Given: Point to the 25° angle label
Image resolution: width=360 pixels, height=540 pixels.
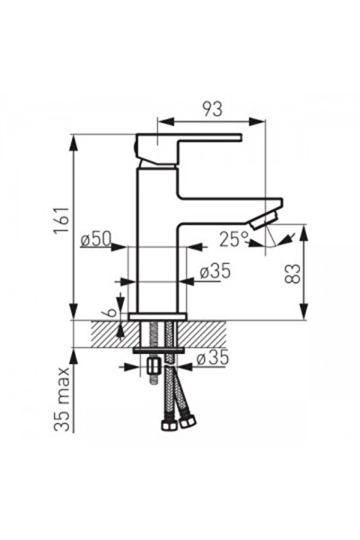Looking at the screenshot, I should pyautogui.click(x=233, y=239).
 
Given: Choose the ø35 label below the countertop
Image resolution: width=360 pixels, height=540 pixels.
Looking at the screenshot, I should pyautogui.click(x=213, y=358).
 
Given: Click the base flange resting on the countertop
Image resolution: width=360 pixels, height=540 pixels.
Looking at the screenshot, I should pyautogui.click(x=158, y=316).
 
